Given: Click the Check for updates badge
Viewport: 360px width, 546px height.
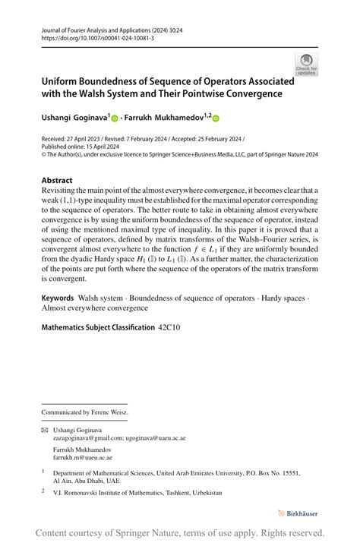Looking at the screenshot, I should (x=306, y=64).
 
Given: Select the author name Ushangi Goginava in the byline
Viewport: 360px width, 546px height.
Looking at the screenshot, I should (x=74, y=118).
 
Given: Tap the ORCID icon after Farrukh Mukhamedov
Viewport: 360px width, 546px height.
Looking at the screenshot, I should (x=215, y=118).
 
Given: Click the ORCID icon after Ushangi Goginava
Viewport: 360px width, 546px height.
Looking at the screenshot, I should (x=115, y=118).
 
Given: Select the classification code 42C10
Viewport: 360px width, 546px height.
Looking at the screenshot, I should (x=169, y=327).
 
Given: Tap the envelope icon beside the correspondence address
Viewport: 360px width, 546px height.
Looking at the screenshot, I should (x=44, y=430).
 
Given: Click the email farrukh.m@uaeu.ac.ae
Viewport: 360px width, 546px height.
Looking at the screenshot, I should (x=82, y=458).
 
